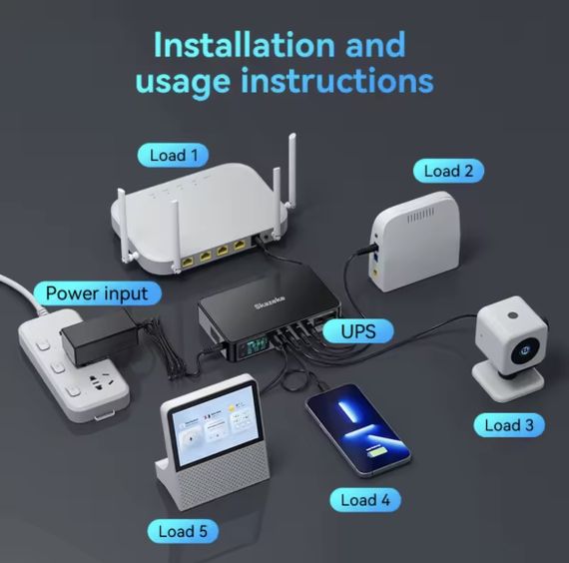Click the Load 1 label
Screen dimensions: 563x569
173,155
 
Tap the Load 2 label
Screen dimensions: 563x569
447,171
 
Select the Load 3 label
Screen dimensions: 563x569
508,425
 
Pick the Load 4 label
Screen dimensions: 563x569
364,499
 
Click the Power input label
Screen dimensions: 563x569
96,293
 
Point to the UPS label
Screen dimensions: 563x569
358,330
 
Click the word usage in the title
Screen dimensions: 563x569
179,82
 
